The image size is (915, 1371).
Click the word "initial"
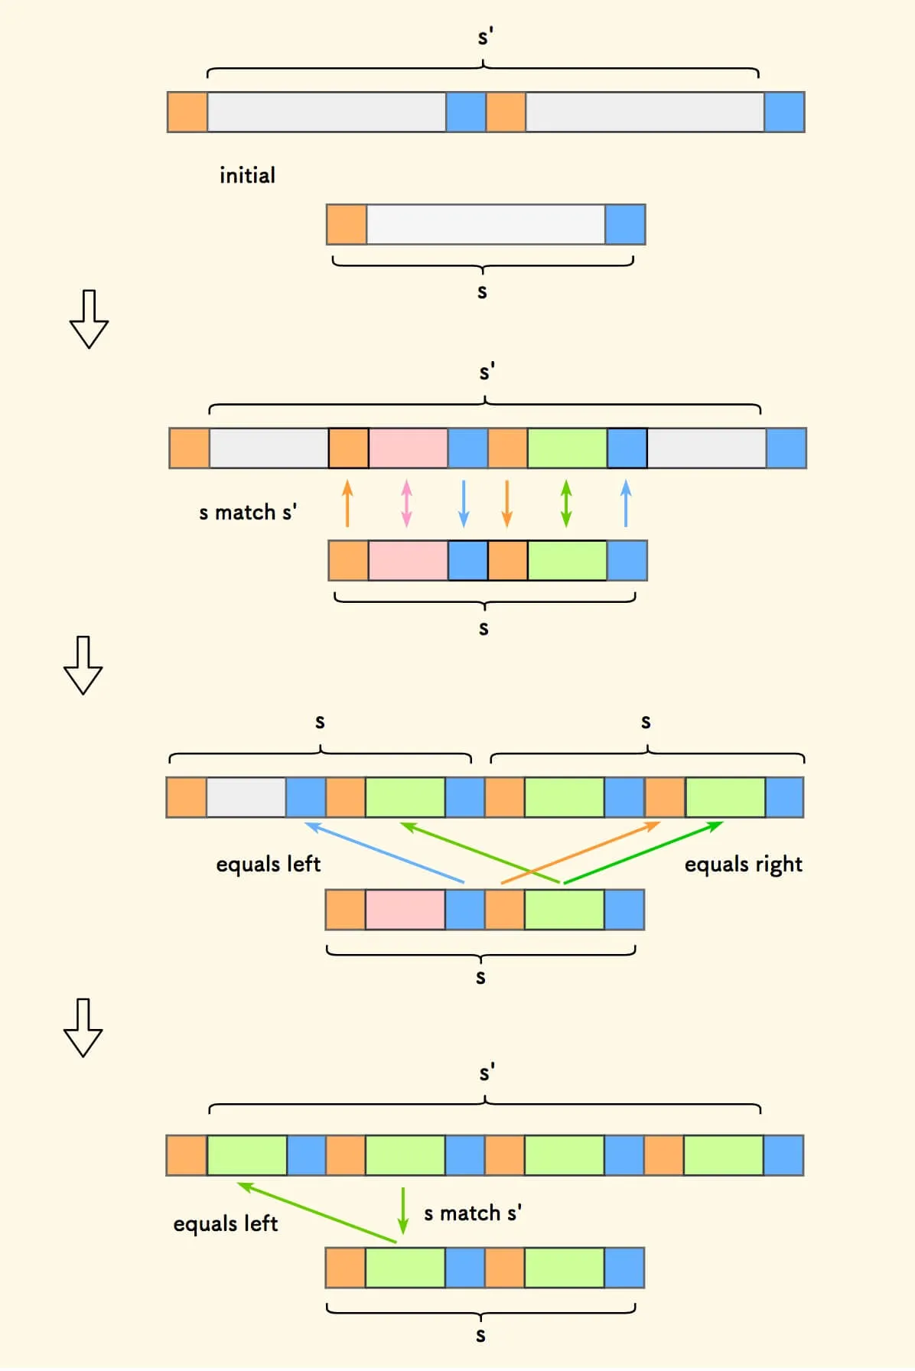[x=247, y=176]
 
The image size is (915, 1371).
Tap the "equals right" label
[x=743, y=865]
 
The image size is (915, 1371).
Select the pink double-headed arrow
[x=406, y=503]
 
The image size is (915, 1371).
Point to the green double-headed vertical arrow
[x=566, y=503]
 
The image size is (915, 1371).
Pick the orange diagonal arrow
[x=580, y=852]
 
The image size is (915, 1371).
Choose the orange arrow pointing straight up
[x=347, y=503]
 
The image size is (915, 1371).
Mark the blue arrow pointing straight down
[x=464, y=503]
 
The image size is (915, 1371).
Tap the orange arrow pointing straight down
[x=506, y=503]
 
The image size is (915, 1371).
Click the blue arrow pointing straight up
[x=626, y=503]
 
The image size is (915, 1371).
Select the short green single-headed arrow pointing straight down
[x=403, y=1210]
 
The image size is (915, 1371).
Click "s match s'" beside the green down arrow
[x=473, y=1213]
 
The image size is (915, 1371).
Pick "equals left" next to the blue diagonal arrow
[x=268, y=865]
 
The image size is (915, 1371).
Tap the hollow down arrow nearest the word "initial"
[x=89, y=319]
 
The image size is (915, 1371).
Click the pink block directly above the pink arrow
[x=409, y=448]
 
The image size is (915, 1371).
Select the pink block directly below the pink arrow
[x=408, y=560]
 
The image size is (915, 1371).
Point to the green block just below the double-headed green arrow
[x=567, y=560]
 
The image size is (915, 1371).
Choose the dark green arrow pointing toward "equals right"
[x=643, y=852]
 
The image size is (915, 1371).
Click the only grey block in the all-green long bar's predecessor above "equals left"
[x=246, y=797]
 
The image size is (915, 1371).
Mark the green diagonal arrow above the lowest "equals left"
[x=317, y=1213]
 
